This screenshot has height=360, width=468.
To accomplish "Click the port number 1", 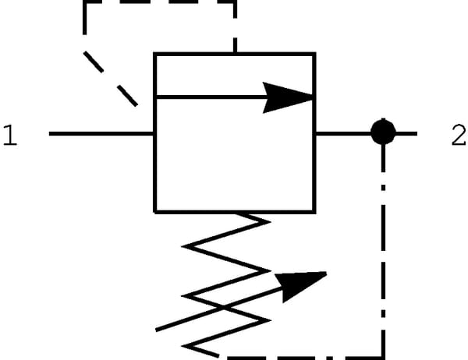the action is (x=10, y=135).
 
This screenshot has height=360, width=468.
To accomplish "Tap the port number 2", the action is (x=459, y=135).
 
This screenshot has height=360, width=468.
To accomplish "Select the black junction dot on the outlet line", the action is (x=383, y=132).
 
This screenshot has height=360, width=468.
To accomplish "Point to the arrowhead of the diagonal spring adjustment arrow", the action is (x=299, y=285).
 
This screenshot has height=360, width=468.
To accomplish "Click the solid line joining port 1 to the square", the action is (x=101, y=133).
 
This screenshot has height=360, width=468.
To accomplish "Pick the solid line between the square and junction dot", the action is (x=343, y=133).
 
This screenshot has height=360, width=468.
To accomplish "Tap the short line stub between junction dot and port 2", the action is (x=406, y=133).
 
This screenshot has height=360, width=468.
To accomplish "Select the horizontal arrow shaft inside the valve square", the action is (x=210, y=97).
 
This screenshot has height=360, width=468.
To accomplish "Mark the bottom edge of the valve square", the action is (x=235, y=212).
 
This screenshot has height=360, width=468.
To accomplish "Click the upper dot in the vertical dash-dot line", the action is (x=383, y=188).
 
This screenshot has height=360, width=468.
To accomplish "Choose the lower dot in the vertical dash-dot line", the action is (x=383, y=313).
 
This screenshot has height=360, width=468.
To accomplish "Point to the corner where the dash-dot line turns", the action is (x=383, y=357).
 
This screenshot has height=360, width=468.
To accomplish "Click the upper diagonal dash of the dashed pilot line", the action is (x=94, y=62).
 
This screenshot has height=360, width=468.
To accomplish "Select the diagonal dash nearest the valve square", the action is (x=127, y=96).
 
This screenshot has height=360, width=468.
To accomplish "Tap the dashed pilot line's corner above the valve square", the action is (x=235, y=2).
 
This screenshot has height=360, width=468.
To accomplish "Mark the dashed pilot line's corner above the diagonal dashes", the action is (x=85, y=2).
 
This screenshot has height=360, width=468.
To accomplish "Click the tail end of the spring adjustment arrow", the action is (x=157, y=330).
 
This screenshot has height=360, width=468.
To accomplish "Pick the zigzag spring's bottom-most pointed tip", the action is (x=183, y=346).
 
